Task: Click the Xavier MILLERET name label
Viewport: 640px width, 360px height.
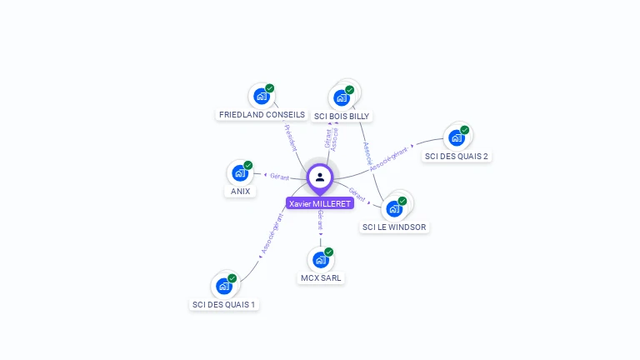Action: pos(320,203)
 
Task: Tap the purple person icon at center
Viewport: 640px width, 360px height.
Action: pos(320,177)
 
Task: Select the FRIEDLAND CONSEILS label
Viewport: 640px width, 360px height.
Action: pos(262,115)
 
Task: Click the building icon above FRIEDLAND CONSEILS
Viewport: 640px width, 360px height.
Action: pos(261,96)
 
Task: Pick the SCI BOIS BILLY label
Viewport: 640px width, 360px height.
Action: pos(342,117)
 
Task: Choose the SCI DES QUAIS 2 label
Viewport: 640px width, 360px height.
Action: pos(457,156)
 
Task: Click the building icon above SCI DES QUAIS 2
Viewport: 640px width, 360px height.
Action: pos(456,137)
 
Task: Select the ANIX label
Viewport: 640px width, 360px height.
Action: pos(240,192)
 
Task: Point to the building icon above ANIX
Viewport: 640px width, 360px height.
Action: pos(240,173)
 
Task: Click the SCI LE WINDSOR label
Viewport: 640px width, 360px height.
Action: pos(394,227)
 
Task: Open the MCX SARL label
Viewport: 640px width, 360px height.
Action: pos(321,277)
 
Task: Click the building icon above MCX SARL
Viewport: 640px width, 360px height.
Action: pos(320,260)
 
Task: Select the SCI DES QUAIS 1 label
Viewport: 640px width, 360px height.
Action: pos(224,304)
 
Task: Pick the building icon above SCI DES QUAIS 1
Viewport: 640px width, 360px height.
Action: pos(223,286)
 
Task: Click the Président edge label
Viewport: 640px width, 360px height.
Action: pos(291,137)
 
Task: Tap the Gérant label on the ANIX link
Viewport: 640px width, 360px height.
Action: pos(279,177)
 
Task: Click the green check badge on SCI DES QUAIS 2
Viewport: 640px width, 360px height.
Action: pos(465,130)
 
